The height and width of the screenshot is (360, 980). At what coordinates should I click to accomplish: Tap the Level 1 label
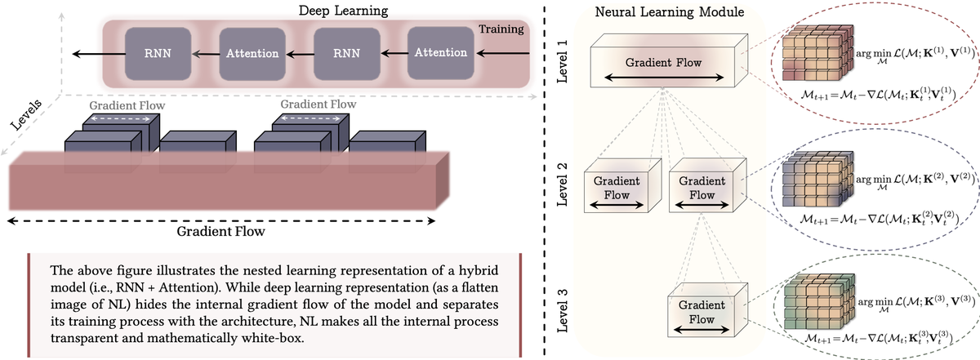click(562, 64)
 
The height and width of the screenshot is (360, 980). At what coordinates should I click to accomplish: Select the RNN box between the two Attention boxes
click(345, 54)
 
